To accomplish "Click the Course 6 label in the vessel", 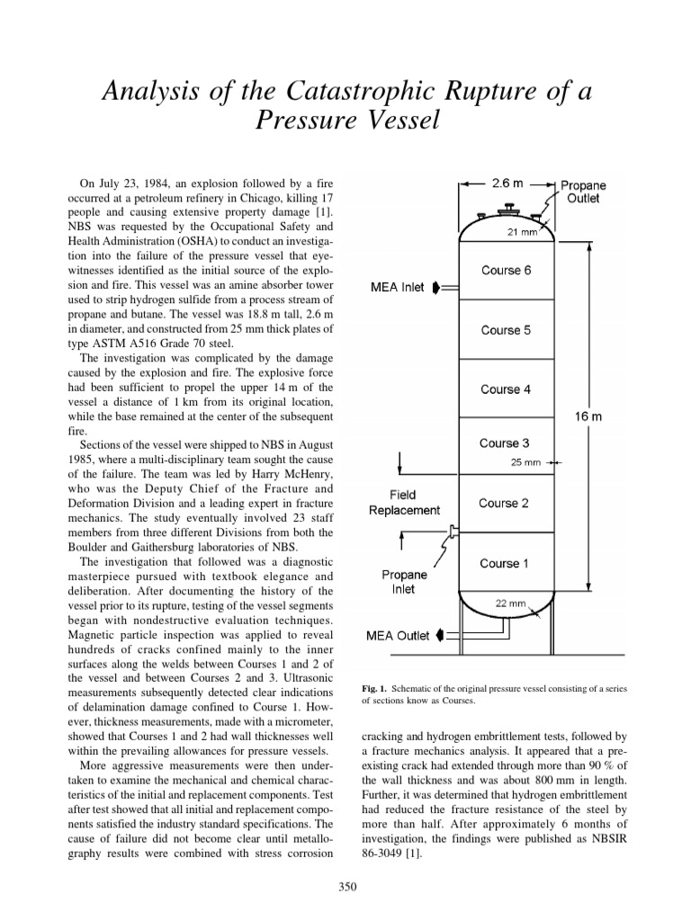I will coord(506,271).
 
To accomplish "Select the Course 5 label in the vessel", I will coord(506,330).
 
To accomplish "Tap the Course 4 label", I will coord(506,389).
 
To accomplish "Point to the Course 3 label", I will coord(505,443).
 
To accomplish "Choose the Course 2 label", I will coord(505,503).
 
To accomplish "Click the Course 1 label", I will coord(505,563).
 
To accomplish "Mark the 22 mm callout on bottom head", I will coord(510,604).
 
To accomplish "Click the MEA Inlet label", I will coord(398,288).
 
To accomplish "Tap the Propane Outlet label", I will coord(582,192).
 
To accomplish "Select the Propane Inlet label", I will coord(403,582).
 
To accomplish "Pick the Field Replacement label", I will coord(404,502).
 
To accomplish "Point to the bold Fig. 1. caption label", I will coord(374,688).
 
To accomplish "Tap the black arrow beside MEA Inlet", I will coord(436,288).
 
